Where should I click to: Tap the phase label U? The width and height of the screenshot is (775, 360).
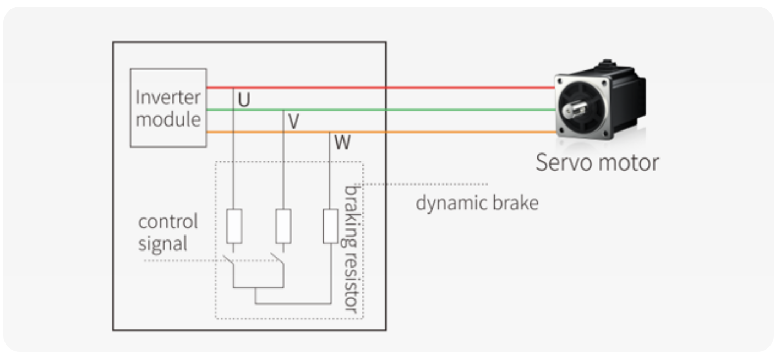[x=244, y=100]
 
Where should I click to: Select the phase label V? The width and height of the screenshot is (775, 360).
[x=293, y=122]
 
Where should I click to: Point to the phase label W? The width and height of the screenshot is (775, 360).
[x=342, y=142]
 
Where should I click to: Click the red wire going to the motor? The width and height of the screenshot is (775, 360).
[x=380, y=88]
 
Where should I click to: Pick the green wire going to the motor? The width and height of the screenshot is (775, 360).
[x=380, y=110]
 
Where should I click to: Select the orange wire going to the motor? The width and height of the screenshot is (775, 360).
[x=380, y=132]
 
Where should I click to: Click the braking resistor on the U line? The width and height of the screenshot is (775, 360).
[x=234, y=226]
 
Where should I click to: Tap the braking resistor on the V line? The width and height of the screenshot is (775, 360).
[x=283, y=226]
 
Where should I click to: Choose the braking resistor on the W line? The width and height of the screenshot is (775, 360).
[x=330, y=226]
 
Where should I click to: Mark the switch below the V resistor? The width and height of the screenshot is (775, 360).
[x=277, y=259]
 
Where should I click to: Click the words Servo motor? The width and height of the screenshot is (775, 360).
[x=597, y=162]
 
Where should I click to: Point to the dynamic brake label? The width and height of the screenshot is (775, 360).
[x=477, y=203]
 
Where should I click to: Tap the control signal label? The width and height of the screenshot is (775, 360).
[x=168, y=232]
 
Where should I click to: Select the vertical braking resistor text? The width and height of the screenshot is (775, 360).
[x=351, y=249]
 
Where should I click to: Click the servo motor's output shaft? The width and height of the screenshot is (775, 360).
[x=574, y=110]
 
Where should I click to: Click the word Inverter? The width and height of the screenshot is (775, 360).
[x=168, y=97]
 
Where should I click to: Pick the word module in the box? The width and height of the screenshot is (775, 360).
[x=168, y=119]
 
